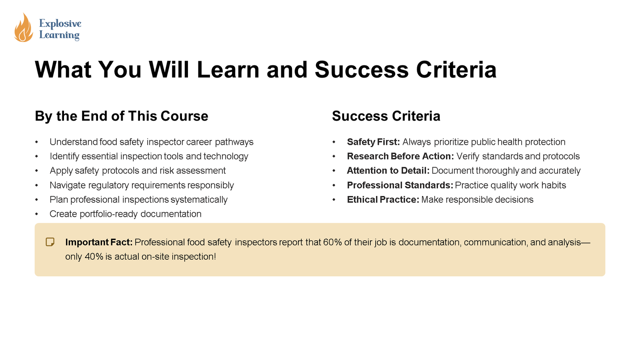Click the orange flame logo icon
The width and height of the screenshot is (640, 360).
pos(24,28)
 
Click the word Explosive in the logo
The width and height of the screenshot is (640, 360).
pos(60,24)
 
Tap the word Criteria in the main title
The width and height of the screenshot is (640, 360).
pos(456,70)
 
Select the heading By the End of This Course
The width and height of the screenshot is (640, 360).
pos(122,116)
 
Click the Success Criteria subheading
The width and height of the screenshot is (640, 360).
pos(386,116)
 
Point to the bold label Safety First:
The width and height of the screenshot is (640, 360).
pos(374,142)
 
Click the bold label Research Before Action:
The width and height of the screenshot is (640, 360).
pos(400,156)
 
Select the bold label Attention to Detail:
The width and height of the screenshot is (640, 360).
pos(388,170)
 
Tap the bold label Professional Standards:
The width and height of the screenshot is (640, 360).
pos(400,185)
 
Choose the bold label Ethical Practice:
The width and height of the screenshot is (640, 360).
pos(383,200)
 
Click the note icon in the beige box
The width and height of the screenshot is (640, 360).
pos(50,242)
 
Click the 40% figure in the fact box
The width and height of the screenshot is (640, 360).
pos(94,256)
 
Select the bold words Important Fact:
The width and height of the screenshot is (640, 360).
pos(99,242)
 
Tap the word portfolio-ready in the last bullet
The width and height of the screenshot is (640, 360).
pos(109,214)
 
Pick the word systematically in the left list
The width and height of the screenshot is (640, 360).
pos(199,200)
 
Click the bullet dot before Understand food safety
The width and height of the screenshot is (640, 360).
pos(36,142)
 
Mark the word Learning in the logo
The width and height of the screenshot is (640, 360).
pos(60,35)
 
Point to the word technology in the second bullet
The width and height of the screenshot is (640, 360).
pos(226,156)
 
